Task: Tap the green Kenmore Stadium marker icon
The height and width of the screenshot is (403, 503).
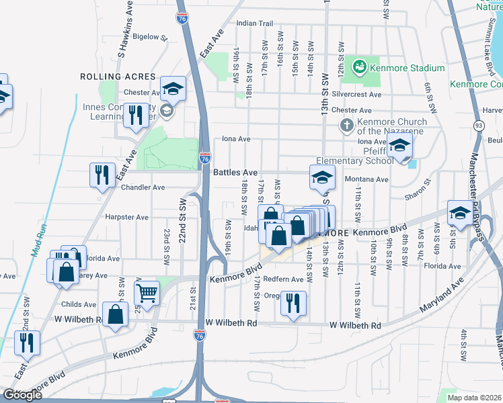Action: tap(360, 67)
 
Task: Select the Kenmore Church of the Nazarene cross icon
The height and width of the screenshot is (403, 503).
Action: tap(346, 124)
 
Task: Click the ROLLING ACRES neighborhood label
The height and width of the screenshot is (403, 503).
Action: tap(118, 77)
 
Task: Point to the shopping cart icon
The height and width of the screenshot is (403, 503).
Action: tap(147, 292)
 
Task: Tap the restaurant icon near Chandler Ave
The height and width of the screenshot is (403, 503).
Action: tap(102, 175)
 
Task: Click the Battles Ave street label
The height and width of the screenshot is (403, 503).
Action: tap(235, 173)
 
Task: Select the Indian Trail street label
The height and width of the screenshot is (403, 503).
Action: tap(254, 24)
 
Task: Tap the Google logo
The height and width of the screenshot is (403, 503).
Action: tap(22, 395)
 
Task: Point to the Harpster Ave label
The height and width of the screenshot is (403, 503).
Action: tap(126, 217)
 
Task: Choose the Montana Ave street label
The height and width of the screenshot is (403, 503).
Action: tap(366, 179)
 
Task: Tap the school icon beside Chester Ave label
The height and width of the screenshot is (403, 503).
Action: tap(173, 88)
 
